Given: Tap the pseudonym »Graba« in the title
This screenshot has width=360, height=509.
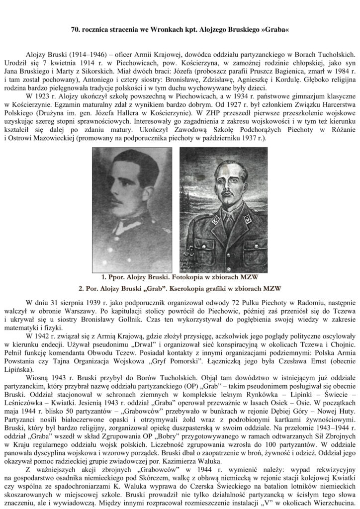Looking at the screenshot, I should click(x=274, y=30).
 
